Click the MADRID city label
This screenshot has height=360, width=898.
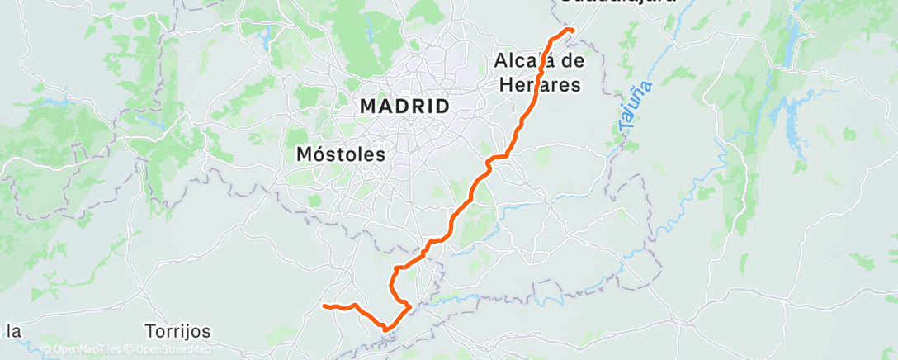point(404,107)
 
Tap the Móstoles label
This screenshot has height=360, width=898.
point(341,154)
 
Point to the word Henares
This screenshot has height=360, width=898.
point(540,84)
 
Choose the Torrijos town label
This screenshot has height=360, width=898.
point(177,332)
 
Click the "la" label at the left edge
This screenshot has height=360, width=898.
point(13,332)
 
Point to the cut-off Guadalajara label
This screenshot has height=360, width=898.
point(617,2)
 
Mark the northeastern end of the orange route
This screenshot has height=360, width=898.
point(572,30)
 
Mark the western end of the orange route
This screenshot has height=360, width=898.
point(324,306)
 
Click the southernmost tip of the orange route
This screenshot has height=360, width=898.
point(385,329)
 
